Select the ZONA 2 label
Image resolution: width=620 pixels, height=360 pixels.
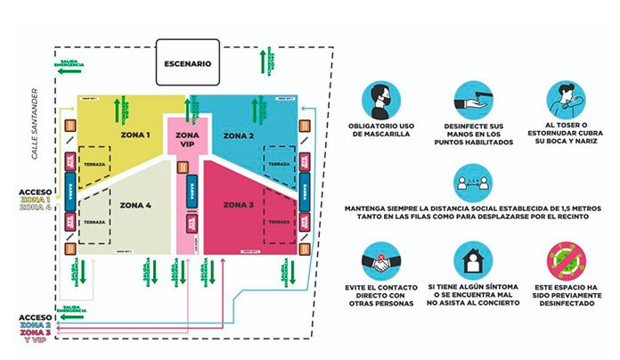[239, 135]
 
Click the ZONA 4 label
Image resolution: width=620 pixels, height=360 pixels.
[136, 205]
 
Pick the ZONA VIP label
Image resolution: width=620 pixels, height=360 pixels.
[187, 139]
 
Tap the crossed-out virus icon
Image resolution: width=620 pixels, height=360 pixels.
[567, 264]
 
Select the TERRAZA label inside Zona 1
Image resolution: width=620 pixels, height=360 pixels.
[96, 166]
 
